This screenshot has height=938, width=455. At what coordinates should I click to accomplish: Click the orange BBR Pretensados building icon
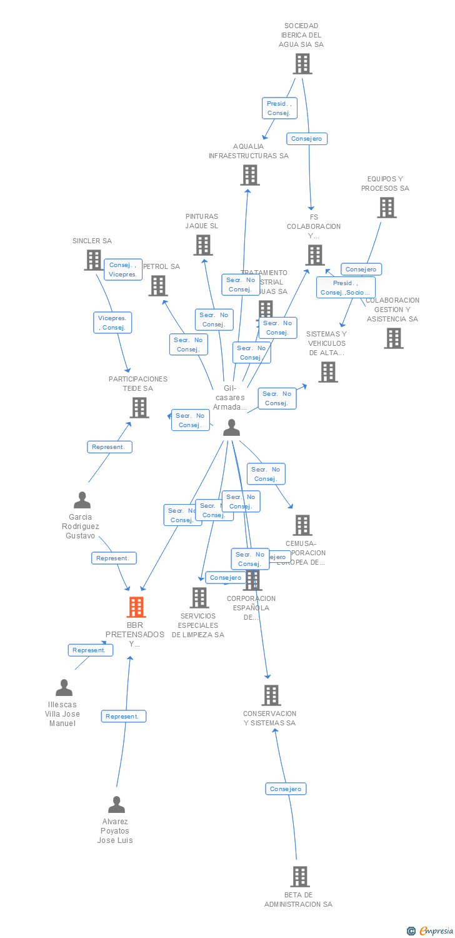(x=136, y=607)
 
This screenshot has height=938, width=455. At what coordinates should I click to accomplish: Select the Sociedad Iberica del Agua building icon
(x=302, y=64)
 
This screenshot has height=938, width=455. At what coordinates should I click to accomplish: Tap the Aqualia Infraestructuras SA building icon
(x=250, y=175)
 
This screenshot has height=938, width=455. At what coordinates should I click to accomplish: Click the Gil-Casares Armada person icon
(x=232, y=428)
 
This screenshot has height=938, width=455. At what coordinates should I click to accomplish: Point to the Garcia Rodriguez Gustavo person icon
(x=82, y=500)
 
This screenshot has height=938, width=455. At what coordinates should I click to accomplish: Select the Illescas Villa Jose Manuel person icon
(x=64, y=688)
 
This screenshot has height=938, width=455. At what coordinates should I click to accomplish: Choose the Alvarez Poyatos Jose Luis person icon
(x=116, y=805)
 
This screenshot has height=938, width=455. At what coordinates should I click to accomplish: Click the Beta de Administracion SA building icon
(x=300, y=877)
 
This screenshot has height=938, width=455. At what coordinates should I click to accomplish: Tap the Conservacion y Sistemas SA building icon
(x=271, y=695)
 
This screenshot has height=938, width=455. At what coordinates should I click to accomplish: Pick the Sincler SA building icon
(x=93, y=260)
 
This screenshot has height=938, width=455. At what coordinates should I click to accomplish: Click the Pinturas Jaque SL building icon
(x=203, y=245)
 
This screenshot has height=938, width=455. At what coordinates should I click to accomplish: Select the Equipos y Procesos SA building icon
(x=387, y=208)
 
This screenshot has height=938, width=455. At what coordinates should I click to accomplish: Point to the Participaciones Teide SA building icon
(x=139, y=408)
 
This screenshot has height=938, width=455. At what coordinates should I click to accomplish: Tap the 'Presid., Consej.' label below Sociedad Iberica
(x=279, y=108)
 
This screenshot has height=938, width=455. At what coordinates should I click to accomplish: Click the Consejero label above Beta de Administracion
(x=286, y=789)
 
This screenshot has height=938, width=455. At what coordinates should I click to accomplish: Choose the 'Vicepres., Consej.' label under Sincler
(x=113, y=323)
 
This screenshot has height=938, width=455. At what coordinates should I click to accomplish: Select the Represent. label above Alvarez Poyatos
(x=123, y=717)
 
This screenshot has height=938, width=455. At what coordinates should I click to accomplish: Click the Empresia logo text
(x=435, y=931)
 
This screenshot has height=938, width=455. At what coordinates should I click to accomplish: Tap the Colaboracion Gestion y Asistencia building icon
(x=394, y=338)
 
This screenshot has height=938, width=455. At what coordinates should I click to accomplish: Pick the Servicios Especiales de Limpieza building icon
(x=199, y=598)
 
